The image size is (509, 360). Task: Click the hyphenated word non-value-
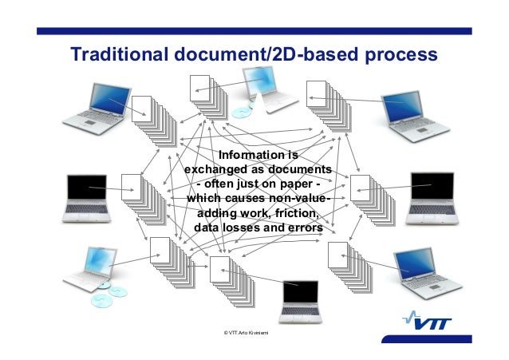pos(300,200)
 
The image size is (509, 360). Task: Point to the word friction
pos(293,214)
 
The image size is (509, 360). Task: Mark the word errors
pos(302,228)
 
